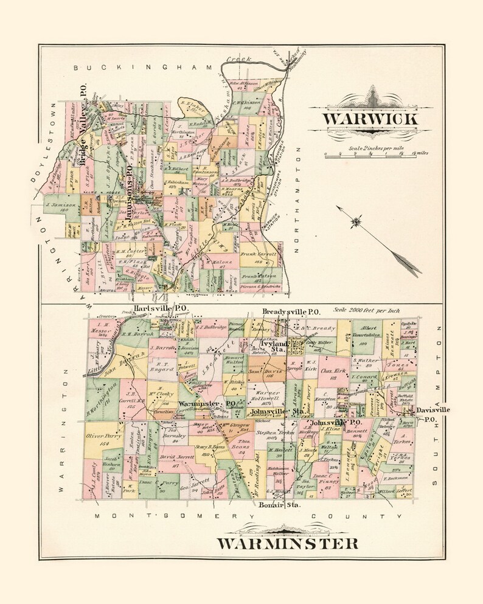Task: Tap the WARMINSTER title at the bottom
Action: point(287,542)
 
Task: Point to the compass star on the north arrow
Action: point(355,223)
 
